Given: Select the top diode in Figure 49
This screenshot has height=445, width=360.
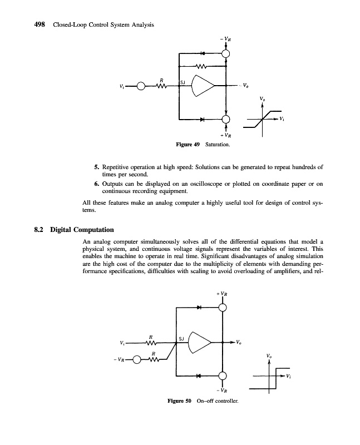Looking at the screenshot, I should (203, 53).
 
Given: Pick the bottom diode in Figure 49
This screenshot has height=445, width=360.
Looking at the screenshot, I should (203, 119).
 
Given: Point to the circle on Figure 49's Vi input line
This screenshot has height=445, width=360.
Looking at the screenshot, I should (141, 86).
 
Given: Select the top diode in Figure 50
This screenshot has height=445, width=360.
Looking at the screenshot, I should (199, 306).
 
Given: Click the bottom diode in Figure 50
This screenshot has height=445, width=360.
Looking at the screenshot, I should (199, 375).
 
